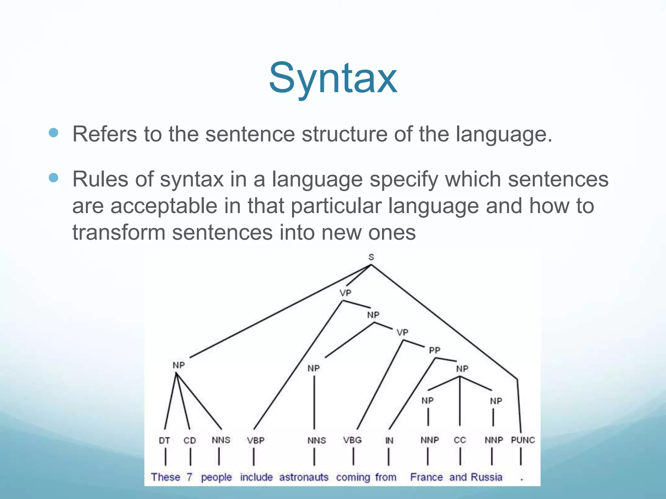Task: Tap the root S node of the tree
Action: [371, 257]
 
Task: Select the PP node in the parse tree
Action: [434, 350]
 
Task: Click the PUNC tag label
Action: [523, 440]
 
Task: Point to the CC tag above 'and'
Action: [460, 440]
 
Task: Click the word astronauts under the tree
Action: [304, 477]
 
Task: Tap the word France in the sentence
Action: [426, 477]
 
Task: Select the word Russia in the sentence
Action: [486, 477]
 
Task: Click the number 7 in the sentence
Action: [190, 477]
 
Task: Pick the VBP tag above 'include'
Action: [255, 441]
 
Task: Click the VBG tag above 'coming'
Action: [352, 440]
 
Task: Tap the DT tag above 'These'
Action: [164, 441]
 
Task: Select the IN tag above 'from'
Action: [389, 441]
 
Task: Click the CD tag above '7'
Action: [190, 441]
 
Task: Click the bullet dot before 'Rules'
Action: [53, 178]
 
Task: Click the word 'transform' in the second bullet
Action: [118, 233]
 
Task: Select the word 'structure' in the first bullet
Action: [344, 134]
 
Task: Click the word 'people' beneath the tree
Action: [216, 478]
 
